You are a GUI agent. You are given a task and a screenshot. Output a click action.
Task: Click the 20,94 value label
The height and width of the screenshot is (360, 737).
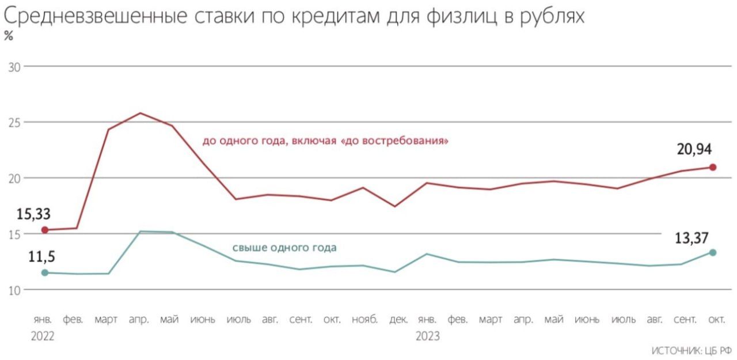(694, 150)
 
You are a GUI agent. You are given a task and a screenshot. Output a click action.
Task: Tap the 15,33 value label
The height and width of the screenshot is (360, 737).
(34, 214)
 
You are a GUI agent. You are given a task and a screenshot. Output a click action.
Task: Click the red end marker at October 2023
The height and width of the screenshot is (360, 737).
(713, 167)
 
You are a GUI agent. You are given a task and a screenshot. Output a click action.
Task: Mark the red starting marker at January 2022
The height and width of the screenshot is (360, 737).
(44, 230)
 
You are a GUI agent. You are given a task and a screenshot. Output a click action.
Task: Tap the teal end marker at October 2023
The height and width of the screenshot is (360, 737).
(713, 252)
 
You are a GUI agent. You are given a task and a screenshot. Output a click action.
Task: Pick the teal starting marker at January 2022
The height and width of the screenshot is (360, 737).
(44, 272)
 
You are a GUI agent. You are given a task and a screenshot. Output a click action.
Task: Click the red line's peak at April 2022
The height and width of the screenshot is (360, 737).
(140, 113)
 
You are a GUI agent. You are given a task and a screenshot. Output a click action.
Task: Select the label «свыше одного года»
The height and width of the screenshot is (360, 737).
(284, 248)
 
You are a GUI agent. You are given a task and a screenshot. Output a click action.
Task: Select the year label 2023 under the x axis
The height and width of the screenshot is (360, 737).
(428, 336)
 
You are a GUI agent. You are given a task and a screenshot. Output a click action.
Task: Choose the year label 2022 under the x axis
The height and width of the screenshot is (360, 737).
(42, 336)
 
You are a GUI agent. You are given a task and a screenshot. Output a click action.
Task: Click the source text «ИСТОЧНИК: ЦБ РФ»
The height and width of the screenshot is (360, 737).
(692, 350)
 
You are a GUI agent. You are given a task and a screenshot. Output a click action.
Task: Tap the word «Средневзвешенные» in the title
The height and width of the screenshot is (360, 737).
(90, 17)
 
